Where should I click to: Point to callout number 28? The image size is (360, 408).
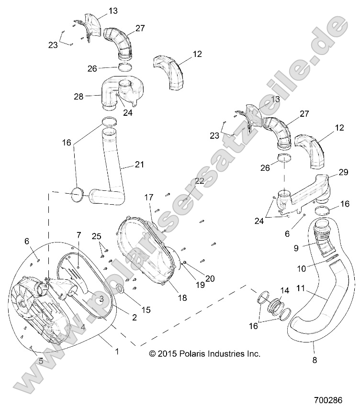79,96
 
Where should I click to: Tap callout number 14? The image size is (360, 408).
284,290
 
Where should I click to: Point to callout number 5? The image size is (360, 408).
41,361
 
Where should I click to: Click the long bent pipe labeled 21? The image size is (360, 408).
113,181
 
